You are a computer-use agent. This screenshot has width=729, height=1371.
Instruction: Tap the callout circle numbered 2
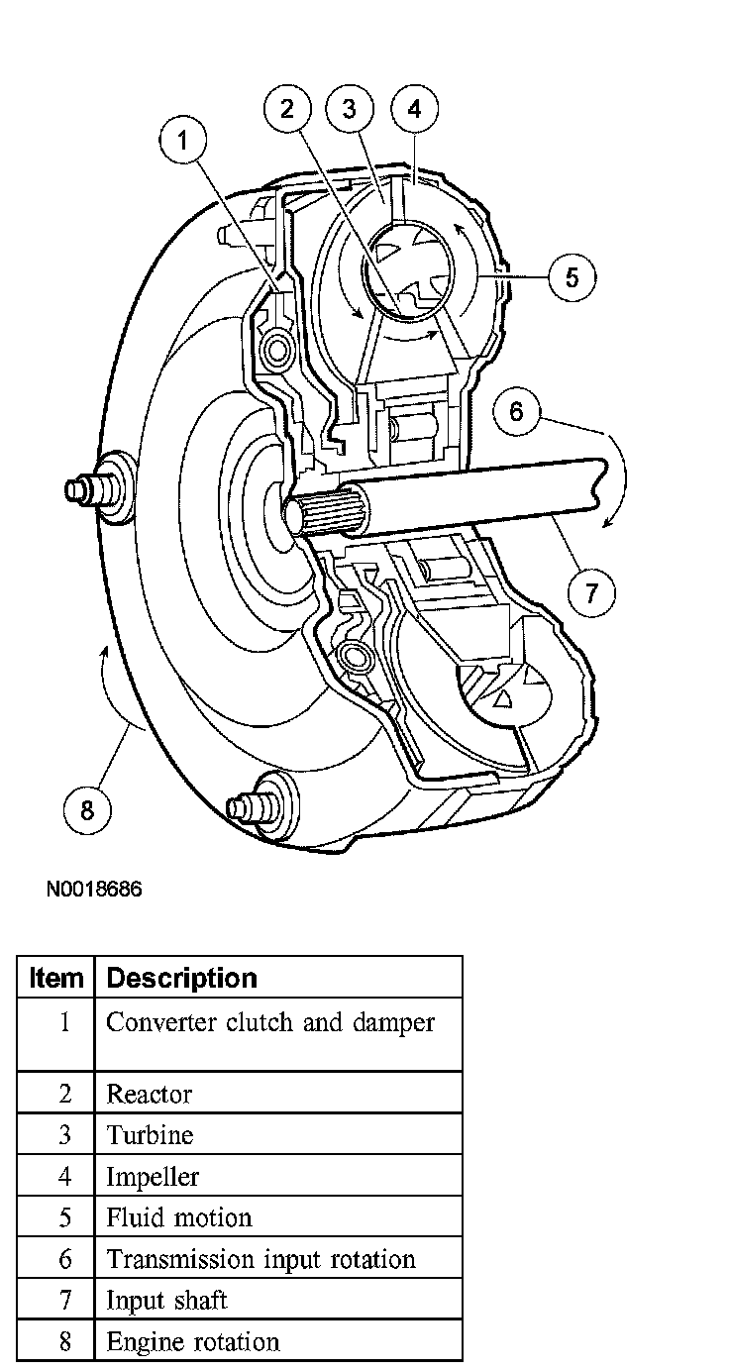(286, 109)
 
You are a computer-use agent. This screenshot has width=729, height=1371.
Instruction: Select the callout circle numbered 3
(349, 109)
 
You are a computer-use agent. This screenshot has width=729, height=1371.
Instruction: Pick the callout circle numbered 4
(414, 109)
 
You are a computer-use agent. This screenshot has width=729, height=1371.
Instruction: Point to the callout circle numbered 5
(572, 276)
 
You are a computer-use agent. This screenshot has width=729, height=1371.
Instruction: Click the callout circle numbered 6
(516, 410)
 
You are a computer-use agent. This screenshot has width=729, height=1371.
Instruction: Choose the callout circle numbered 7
(591, 592)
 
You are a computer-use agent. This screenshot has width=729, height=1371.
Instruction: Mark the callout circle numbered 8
(87, 809)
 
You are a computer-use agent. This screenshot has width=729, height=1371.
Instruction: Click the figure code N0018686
(94, 889)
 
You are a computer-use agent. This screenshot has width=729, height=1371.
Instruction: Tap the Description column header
(181, 978)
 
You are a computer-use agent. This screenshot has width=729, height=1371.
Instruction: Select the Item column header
(56, 978)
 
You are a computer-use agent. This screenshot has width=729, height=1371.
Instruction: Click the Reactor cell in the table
(150, 1094)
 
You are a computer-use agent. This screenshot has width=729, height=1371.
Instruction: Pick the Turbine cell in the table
(150, 1135)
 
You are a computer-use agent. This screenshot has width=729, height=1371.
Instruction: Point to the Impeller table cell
(153, 1177)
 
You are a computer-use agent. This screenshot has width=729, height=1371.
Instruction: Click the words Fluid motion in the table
(179, 1217)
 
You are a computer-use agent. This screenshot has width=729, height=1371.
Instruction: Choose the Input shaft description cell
(166, 1300)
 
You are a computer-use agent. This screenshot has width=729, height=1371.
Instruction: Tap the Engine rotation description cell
(193, 1342)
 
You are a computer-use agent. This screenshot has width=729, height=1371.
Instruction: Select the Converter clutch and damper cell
(270, 1022)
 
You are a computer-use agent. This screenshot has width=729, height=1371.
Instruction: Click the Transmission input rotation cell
(260, 1259)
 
